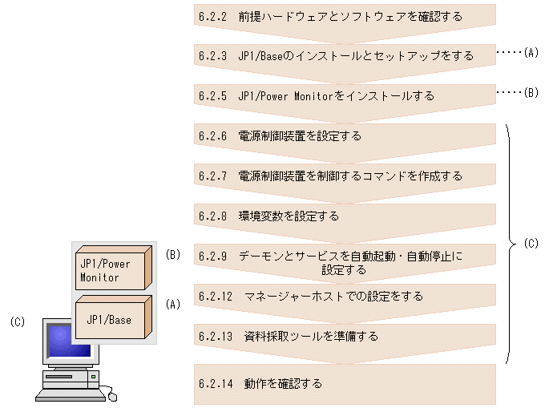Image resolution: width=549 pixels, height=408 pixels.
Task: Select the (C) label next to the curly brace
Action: [x=531, y=244]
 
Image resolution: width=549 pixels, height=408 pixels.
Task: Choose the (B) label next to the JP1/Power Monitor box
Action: [x=173, y=255]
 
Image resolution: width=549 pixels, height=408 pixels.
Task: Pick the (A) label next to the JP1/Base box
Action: [x=173, y=305]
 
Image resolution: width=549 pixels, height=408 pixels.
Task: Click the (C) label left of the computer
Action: [x=18, y=322]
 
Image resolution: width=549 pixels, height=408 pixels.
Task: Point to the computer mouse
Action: [x=112, y=395]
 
